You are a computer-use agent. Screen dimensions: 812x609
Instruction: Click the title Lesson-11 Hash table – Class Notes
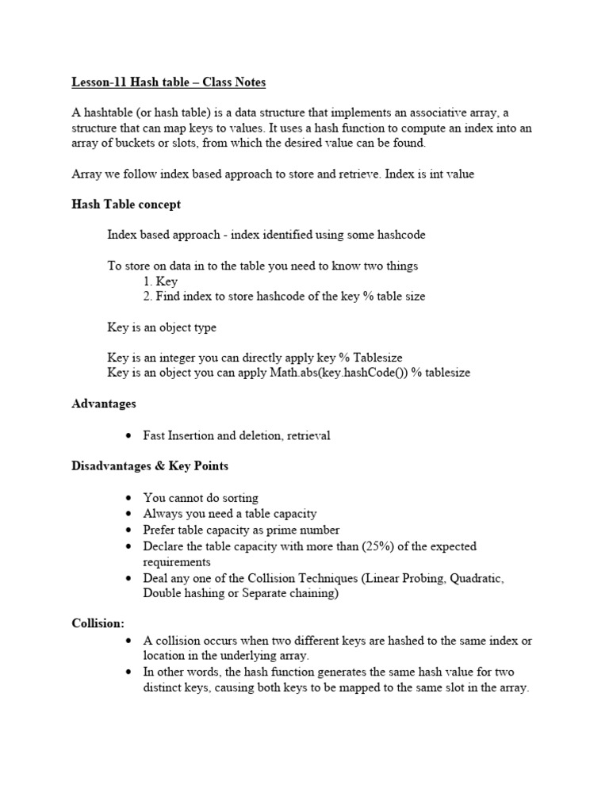click(x=169, y=82)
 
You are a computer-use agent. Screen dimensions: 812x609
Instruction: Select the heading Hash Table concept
click(x=126, y=204)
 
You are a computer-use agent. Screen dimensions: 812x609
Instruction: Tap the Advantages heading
click(x=104, y=404)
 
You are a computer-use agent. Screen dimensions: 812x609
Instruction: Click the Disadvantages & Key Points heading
click(x=150, y=465)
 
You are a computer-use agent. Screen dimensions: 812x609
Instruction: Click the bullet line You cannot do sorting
click(x=201, y=498)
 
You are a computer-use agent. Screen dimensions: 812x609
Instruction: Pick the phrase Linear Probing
click(x=404, y=578)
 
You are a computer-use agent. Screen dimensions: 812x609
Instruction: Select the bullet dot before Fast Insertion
click(x=128, y=436)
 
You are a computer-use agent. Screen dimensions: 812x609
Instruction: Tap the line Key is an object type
click(x=162, y=327)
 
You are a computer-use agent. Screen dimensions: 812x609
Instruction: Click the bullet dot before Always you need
click(x=128, y=515)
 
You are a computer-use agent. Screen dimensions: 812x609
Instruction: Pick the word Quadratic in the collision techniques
click(x=477, y=578)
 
